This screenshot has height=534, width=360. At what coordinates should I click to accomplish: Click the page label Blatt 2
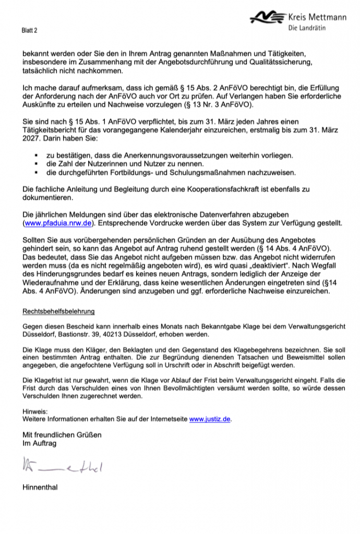pyautogui.click(x=30, y=31)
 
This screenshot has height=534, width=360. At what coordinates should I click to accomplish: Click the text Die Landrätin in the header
pyautogui.click(x=307, y=28)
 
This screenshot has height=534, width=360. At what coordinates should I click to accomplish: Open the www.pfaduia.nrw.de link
pyautogui.click(x=57, y=223)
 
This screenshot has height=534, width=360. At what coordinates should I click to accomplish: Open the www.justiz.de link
pyautogui.click(x=209, y=418)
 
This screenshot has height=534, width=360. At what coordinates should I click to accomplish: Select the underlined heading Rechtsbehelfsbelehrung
pyautogui.click(x=58, y=311)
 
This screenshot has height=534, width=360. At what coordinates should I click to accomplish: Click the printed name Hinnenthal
pyautogui.click(x=40, y=488)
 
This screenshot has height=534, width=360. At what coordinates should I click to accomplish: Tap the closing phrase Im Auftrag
pyautogui.click(x=39, y=443)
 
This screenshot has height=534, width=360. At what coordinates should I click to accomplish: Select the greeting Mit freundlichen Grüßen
pyautogui.click(x=62, y=435)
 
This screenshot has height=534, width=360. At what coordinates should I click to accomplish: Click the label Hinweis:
pyautogui.click(x=34, y=411)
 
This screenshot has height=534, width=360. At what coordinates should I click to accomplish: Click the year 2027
pyautogui.click(x=32, y=140)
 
